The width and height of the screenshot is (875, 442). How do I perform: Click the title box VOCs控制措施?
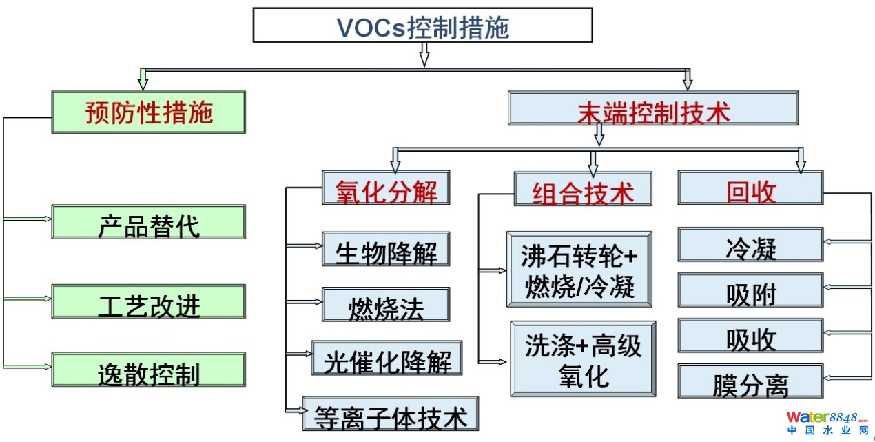(422, 26)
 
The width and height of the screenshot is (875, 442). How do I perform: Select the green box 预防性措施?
(148, 112)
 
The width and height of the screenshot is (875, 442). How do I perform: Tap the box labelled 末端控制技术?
(653, 108)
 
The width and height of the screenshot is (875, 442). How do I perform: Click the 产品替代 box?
(148, 222)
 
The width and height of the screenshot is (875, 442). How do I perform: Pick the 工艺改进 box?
(148, 301)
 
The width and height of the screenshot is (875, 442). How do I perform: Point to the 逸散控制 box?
(148, 370)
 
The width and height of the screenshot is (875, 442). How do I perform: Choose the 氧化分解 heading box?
(386, 188)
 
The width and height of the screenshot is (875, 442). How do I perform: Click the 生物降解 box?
(386, 249)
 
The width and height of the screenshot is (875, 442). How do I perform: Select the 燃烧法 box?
(386, 305)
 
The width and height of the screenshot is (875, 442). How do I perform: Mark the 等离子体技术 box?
(391, 414)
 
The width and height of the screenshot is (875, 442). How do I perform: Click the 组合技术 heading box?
(583, 189)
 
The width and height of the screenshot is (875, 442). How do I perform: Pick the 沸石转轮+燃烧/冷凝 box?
(579, 269)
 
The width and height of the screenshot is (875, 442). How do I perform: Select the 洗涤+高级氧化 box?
(583, 359)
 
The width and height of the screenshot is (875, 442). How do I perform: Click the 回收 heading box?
(750, 188)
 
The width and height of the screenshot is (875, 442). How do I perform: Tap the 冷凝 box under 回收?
(750, 245)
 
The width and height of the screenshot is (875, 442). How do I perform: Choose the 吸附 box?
(750, 290)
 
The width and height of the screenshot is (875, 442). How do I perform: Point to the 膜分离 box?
(750, 381)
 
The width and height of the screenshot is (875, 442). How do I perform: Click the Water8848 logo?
(827, 422)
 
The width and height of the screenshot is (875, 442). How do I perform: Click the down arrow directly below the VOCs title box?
(424, 54)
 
